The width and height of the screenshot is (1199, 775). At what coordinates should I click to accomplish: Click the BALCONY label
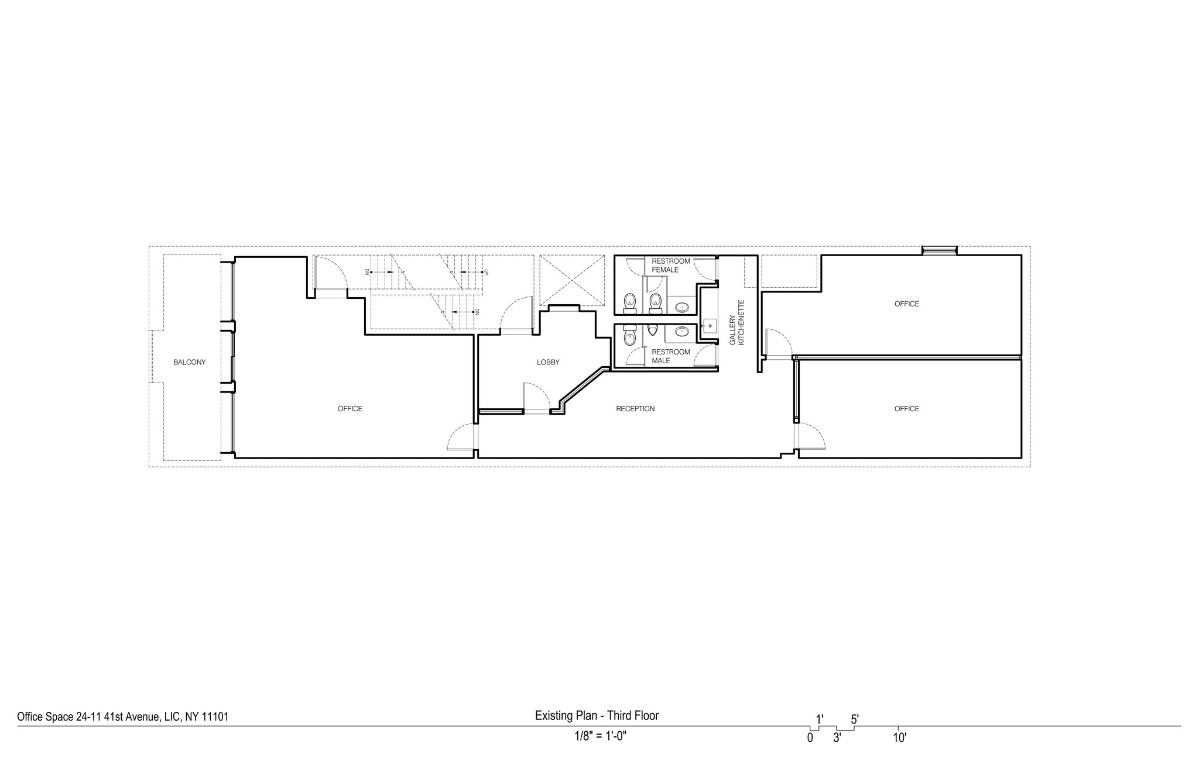pos(189,363)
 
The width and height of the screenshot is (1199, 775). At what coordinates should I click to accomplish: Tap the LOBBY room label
pos(548,363)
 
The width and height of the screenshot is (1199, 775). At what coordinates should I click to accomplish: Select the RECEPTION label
pos(635,409)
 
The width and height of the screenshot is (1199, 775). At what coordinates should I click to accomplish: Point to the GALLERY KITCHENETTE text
pos(736,322)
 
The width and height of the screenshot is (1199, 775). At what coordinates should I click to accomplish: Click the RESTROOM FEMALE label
pos(671,266)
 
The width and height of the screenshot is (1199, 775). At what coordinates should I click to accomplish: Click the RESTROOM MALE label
pos(671,356)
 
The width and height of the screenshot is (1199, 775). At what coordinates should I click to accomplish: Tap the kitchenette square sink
pos(710,326)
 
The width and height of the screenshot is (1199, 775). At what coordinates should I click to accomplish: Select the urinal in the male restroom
pos(653,331)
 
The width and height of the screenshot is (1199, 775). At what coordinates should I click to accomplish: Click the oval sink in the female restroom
pos(682,306)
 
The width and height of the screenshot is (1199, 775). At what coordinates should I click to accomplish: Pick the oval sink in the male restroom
pos(682,332)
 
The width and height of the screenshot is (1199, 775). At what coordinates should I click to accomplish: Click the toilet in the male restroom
pos(629,336)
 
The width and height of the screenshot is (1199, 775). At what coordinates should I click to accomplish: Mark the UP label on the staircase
pos(486,272)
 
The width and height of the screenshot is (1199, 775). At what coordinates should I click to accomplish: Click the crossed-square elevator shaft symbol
pos(571,281)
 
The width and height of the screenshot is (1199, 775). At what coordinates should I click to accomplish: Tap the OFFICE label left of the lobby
pos(350,409)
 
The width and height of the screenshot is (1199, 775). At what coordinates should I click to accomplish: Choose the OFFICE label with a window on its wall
pos(906,304)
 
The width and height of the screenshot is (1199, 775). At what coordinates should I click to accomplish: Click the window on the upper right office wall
pos(939,251)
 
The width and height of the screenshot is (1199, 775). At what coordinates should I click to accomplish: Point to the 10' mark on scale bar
pos(899,738)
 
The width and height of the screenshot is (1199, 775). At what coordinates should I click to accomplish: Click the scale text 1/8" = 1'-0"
pos(600,736)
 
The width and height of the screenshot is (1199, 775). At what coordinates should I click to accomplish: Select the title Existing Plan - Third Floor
pos(597,716)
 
